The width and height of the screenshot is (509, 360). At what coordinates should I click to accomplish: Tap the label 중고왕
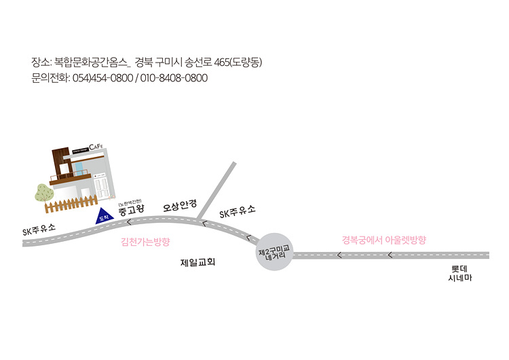(x=130, y=211)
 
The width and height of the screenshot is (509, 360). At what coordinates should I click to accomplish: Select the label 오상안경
(x=179, y=205)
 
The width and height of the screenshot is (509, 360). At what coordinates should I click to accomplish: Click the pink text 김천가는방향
(x=145, y=241)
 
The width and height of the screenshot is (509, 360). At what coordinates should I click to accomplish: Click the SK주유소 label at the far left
(x=39, y=229)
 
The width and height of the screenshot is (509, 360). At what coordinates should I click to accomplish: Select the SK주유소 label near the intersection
(x=238, y=212)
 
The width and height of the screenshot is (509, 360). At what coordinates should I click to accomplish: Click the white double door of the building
(x=102, y=185)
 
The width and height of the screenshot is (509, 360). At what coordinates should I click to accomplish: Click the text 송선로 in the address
(x=197, y=62)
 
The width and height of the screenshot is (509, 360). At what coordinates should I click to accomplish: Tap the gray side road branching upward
(x=218, y=190)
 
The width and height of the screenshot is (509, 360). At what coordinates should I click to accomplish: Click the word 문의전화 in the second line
(x=49, y=78)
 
